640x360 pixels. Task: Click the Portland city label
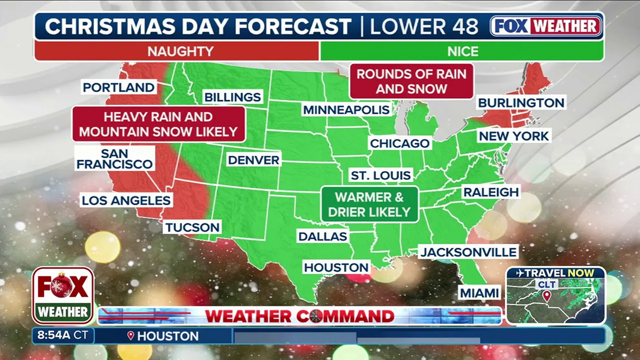click(119, 87)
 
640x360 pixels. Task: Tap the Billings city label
click(232, 97)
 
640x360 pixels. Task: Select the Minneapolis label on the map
click(346, 110)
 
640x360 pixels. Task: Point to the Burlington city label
click(521, 102)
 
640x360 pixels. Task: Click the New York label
click(514, 136)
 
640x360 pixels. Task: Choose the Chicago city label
click(399, 143)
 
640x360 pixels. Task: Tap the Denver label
click(253, 159)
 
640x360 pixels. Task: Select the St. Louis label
click(381, 175)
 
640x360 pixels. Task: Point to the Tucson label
click(192, 227)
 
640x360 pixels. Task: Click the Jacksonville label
click(468, 252)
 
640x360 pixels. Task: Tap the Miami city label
click(479, 293)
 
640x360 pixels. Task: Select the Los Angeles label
click(126, 201)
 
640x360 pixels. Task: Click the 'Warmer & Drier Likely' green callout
click(369, 204)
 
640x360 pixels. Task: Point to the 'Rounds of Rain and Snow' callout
click(411, 81)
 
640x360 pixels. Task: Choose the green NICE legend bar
click(462, 51)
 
